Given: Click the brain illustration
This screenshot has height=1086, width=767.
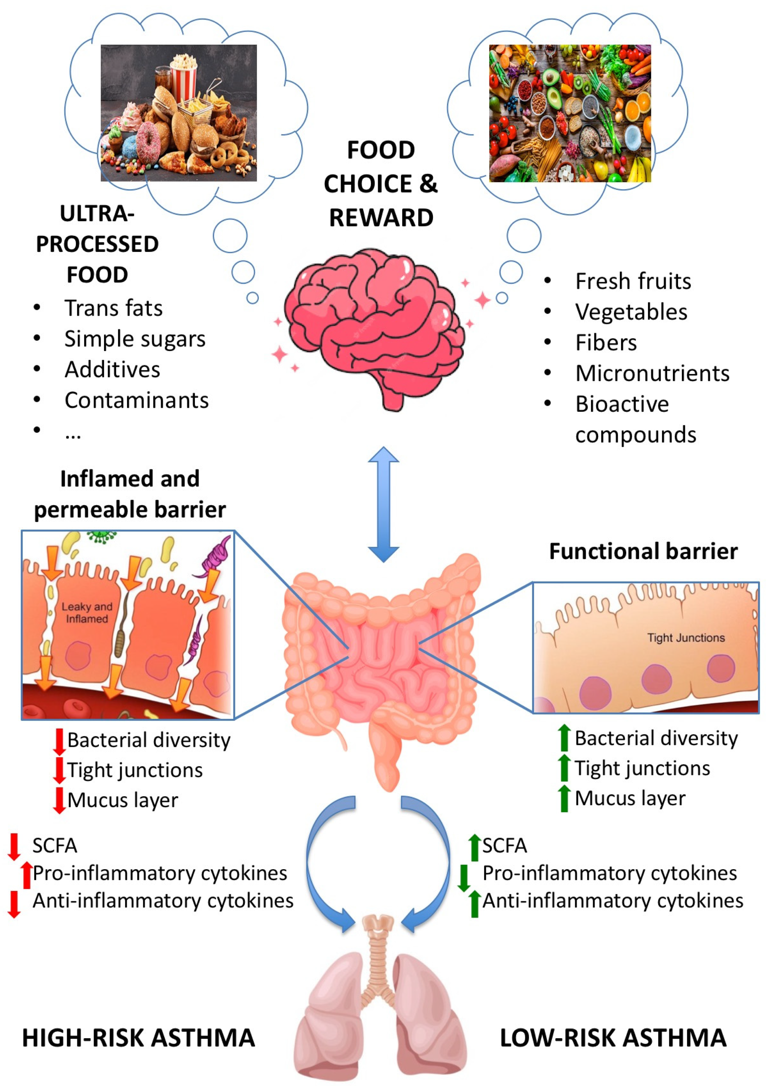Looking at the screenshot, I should pos(376,326).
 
